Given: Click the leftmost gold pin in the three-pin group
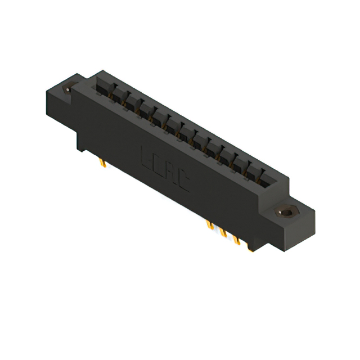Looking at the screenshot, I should point(210,226).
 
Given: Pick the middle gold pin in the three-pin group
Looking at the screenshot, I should point(223,233).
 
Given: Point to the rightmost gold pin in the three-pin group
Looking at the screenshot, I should point(237,241).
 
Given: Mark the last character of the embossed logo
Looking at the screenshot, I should point(184,181).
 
